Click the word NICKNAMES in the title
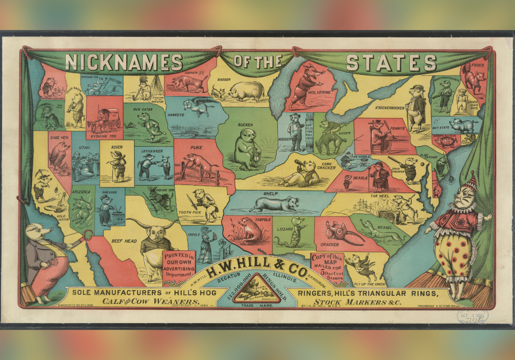coord(123,63)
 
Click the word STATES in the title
coord(391,63)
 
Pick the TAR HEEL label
coord(379,196)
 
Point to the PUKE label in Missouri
coord(196,148)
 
